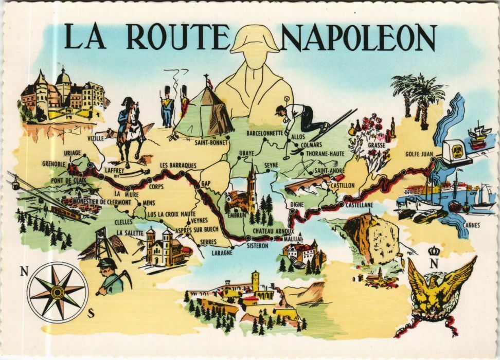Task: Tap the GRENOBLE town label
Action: coord(54,164)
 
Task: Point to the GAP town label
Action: coord(206,184)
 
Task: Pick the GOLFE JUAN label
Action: coord(419,153)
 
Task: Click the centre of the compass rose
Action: coord(57,292)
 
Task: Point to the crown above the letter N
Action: coord(433,251)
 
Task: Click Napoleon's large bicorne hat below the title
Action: coord(255,40)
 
